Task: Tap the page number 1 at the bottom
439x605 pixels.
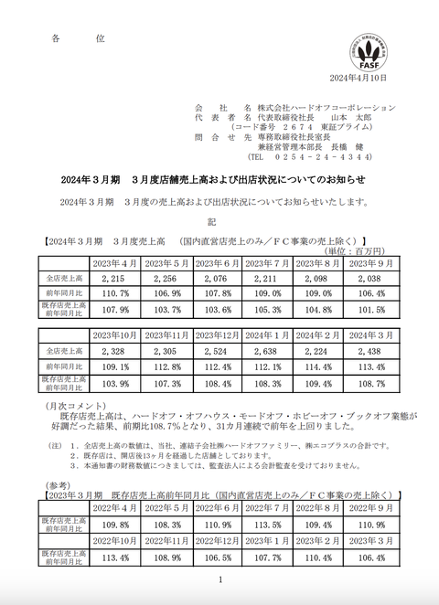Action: click(x=220, y=581)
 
